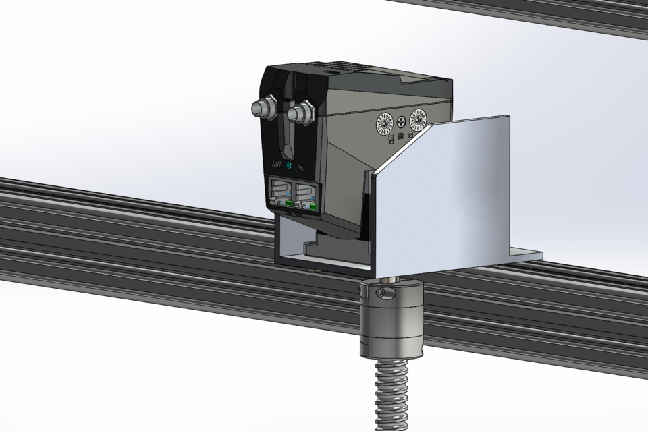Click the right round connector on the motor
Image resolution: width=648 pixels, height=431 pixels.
[301, 112]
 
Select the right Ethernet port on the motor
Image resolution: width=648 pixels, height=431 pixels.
[306, 194]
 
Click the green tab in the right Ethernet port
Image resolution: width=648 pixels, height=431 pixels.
[315, 206]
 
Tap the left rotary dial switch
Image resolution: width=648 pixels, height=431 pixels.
[384, 123]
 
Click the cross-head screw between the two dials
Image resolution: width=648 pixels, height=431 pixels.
[402, 122]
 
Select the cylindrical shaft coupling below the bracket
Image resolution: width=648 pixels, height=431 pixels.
[391, 317]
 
